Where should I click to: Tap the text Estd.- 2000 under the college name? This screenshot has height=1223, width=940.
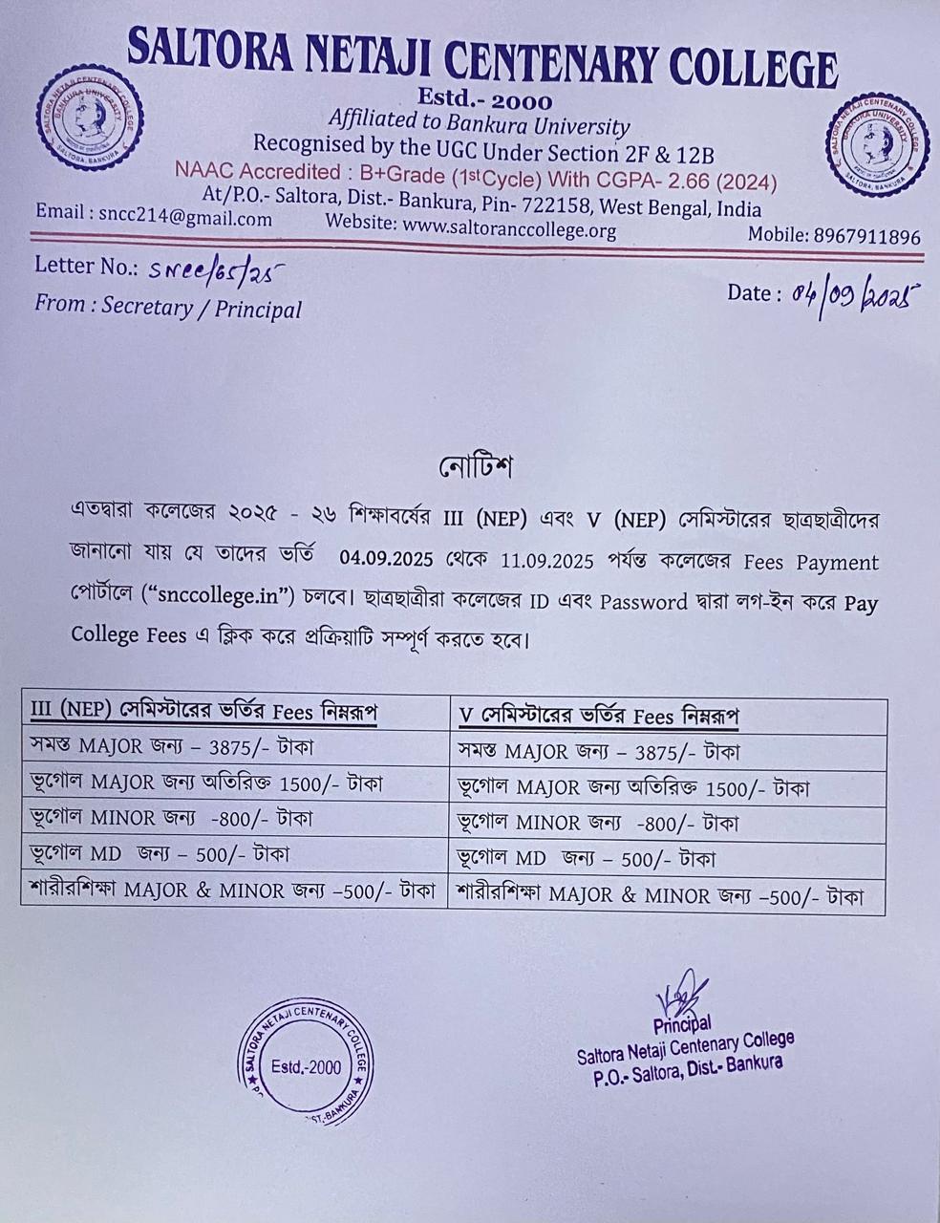pyautogui.click(x=484, y=98)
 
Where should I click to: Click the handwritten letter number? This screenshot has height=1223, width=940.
pyautogui.click(x=217, y=270)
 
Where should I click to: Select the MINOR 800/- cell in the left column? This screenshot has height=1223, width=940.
pyautogui.click(x=172, y=819)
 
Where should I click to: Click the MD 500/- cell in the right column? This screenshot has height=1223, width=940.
pyautogui.click(x=587, y=859)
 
